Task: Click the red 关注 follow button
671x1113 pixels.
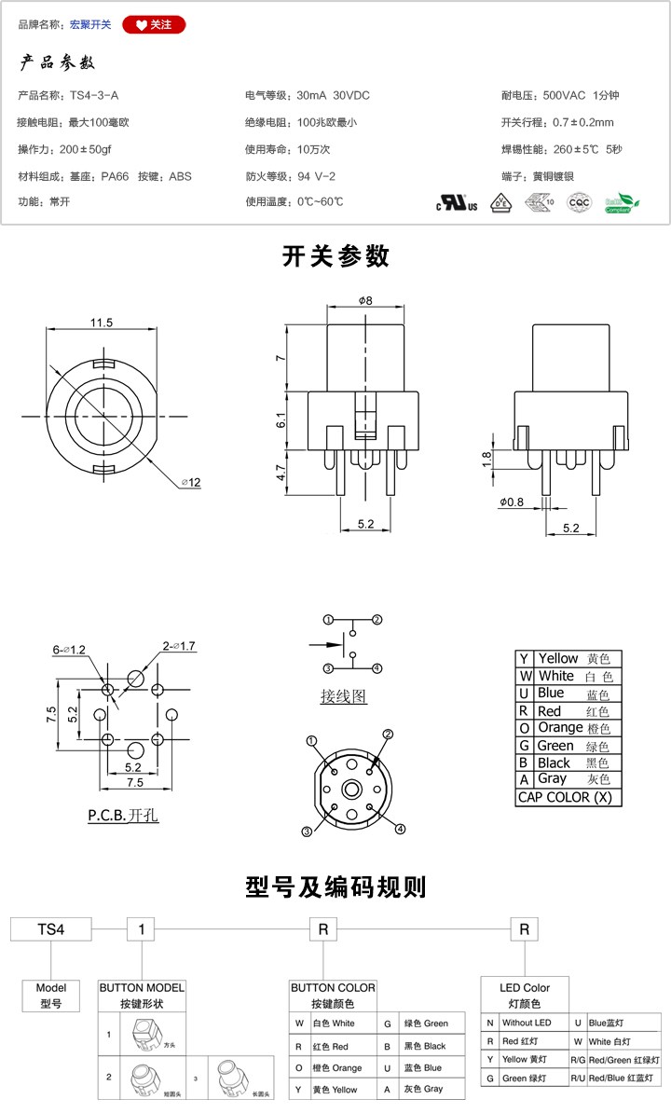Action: [x=154, y=25]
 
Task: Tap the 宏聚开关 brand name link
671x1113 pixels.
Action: [x=90, y=25]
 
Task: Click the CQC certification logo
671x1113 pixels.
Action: [x=580, y=200]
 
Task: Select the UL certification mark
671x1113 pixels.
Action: [x=457, y=202]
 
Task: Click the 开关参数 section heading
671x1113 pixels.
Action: [x=335, y=256]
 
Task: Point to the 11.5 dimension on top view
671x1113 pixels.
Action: [x=102, y=323]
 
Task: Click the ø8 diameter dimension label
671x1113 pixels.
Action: [x=364, y=301]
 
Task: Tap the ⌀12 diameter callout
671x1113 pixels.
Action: [x=191, y=482]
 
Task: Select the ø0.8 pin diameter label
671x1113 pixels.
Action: [x=512, y=502]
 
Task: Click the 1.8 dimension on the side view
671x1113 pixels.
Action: [x=486, y=458]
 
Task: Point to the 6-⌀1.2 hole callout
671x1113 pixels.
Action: [x=69, y=649]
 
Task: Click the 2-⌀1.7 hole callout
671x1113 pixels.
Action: [x=178, y=646]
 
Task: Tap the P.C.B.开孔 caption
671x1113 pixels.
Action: [x=123, y=815]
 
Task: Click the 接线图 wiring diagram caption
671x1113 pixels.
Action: [x=344, y=695]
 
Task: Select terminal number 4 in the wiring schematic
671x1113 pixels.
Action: [x=377, y=668]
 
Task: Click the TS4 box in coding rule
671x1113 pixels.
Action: [x=50, y=929]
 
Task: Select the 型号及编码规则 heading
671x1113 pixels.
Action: [x=335, y=886]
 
